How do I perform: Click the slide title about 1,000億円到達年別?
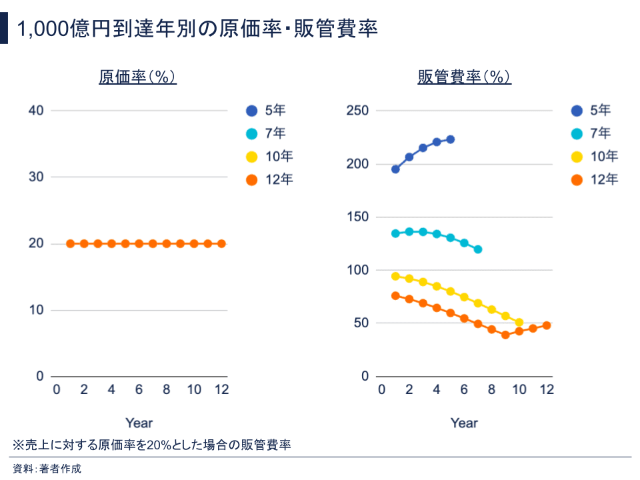click(x=197, y=29)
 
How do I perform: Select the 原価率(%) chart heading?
click(x=137, y=77)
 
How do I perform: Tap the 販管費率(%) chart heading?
click(x=464, y=77)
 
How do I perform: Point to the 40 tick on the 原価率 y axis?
click(x=37, y=111)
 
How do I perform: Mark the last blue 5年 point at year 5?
click(x=450, y=139)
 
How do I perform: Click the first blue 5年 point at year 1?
click(x=395, y=169)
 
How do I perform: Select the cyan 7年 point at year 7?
click(x=477, y=249)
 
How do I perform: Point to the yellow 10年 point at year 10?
click(x=519, y=323)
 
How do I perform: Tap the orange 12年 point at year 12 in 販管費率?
click(x=547, y=325)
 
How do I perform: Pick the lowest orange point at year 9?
click(x=505, y=335)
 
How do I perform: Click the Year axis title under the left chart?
click(x=139, y=423)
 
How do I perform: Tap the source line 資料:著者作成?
click(x=47, y=469)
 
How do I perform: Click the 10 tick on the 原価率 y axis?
click(x=37, y=310)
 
